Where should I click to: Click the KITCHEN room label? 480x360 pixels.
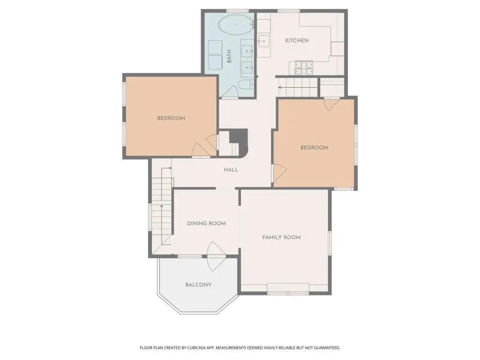[x=297, y=40]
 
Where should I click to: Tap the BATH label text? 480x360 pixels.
[x=229, y=56]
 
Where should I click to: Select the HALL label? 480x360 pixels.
[x=231, y=170]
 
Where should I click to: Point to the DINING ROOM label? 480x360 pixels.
[x=206, y=224]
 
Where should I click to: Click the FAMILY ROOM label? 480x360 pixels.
[x=281, y=237]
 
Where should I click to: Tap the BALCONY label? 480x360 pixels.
[x=198, y=285]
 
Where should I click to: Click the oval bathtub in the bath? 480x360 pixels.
[x=236, y=25]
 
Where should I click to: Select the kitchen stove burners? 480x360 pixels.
[x=304, y=67]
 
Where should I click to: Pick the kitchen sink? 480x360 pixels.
[x=263, y=41]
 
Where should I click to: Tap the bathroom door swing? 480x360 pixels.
[x=230, y=91]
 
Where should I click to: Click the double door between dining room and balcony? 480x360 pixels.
[x=217, y=256]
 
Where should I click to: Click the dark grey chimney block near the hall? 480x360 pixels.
[x=239, y=136]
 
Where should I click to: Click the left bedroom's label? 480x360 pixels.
[x=171, y=118]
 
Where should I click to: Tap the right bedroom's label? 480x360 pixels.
[x=314, y=148]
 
